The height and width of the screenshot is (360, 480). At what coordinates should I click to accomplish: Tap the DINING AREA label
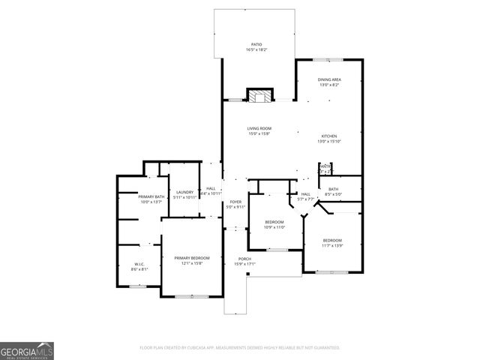click(x=329, y=79)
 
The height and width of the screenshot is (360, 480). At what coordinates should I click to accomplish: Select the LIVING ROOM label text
click(x=259, y=128)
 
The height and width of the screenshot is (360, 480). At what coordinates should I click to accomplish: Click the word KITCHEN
click(x=329, y=135)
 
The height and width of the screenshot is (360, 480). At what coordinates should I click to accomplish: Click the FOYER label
click(x=235, y=202)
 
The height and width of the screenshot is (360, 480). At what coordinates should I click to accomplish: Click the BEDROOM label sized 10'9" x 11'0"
click(x=274, y=222)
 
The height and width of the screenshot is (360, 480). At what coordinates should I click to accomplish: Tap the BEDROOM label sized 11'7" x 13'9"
click(x=331, y=241)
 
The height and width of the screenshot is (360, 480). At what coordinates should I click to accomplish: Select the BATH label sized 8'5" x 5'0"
click(x=333, y=189)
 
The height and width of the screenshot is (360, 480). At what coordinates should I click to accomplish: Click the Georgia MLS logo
click(x=27, y=351)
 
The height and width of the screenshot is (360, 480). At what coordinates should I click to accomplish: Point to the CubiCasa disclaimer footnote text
click(x=240, y=348)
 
